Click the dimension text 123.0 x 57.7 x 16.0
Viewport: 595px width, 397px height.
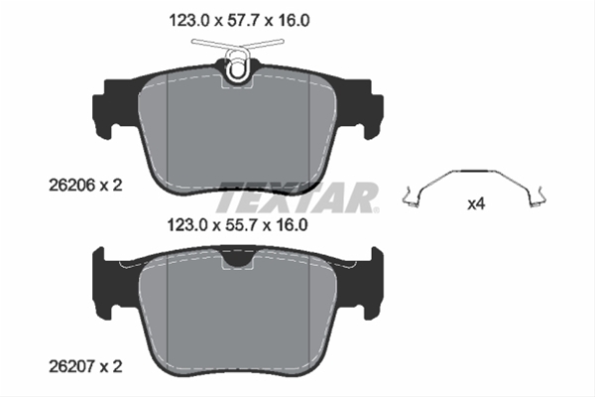[x=239, y=21]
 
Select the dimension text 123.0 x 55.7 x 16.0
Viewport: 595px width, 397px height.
[x=238, y=225]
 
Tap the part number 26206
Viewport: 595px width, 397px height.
[x=71, y=186]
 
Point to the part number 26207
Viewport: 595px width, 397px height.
[x=71, y=366]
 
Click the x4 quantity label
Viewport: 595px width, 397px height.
[x=476, y=204]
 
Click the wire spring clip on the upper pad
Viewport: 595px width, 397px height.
[x=238, y=57]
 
